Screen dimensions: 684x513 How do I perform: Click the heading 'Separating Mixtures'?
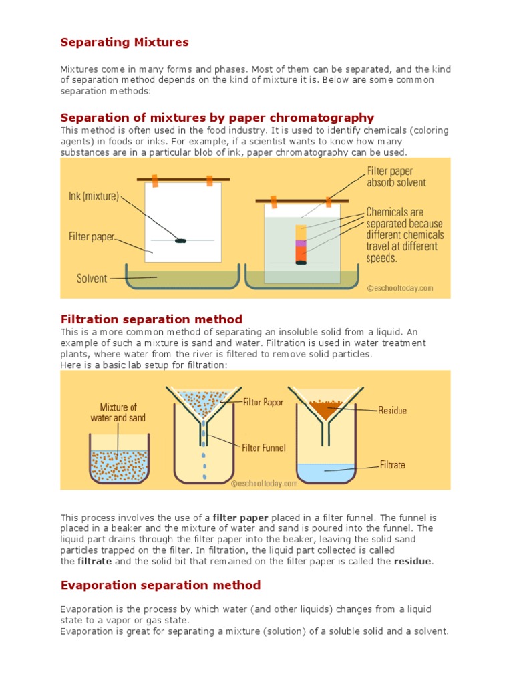click(x=125, y=43)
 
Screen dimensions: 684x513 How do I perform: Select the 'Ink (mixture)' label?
click(x=94, y=196)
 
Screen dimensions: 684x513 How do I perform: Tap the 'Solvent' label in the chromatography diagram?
click(x=92, y=278)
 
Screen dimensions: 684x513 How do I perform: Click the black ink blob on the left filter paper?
click(x=180, y=240)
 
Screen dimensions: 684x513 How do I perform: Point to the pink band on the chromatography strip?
click(x=301, y=244)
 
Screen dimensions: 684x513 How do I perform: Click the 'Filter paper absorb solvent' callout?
click(x=396, y=176)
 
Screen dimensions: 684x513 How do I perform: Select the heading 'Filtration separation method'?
click(x=152, y=319)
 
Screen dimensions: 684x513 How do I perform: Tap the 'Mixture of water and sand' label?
click(x=118, y=413)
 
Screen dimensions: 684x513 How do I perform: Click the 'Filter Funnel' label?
click(x=264, y=448)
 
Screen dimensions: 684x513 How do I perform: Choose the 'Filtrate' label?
click(x=392, y=464)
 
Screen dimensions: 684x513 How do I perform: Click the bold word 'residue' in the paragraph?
click(x=412, y=562)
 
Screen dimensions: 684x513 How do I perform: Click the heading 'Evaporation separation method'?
click(x=160, y=586)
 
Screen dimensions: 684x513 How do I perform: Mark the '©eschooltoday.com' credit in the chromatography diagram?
click(x=400, y=289)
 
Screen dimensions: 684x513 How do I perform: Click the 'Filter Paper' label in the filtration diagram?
click(x=264, y=402)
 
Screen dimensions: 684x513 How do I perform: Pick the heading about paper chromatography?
click(x=217, y=118)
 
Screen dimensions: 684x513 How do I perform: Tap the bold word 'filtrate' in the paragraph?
click(x=94, y=562)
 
